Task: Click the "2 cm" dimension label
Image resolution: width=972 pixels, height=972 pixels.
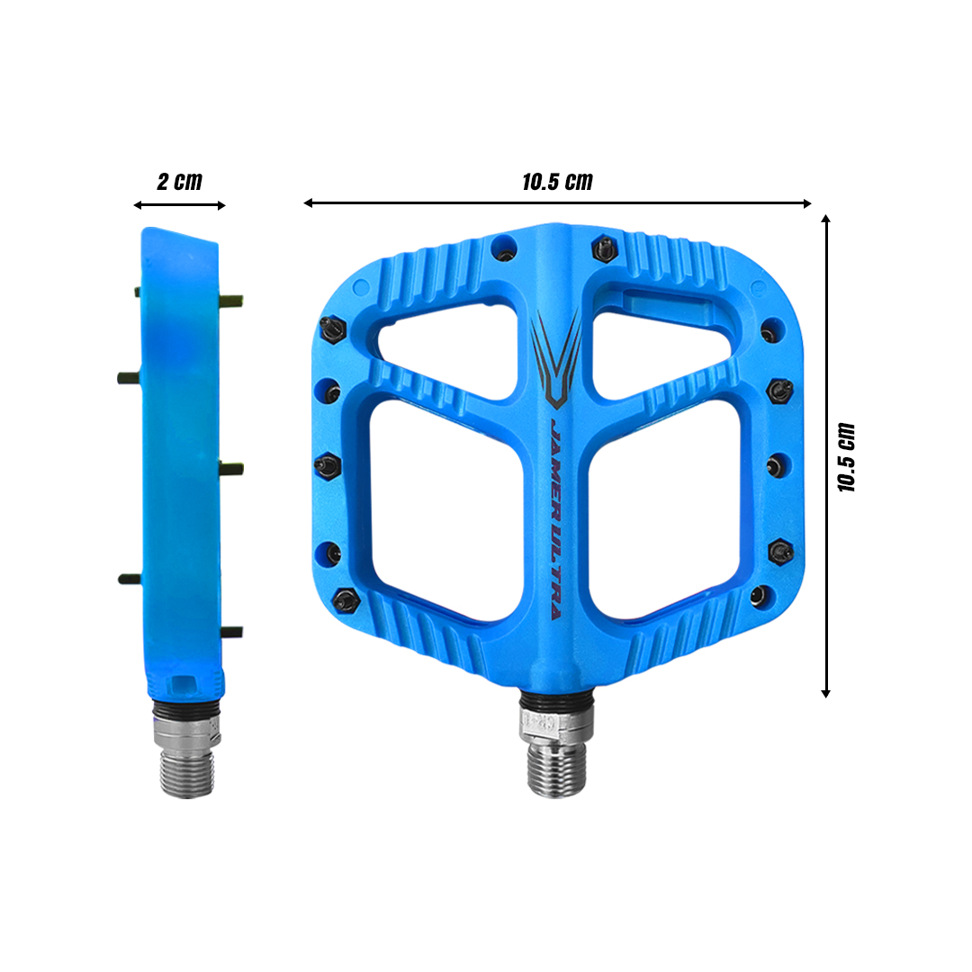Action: [179, 181]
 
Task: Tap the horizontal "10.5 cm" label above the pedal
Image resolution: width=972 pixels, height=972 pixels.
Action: [557, 181]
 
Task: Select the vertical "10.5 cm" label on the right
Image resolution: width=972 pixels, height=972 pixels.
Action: [846, 456]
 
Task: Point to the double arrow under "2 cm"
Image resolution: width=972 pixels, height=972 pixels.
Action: [179, 205]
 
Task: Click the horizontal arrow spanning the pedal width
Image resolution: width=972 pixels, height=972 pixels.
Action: [557, 203]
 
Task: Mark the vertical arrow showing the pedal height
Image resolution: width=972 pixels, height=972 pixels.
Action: [825, 456]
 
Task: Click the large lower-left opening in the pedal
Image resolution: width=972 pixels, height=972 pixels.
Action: [446, 508]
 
